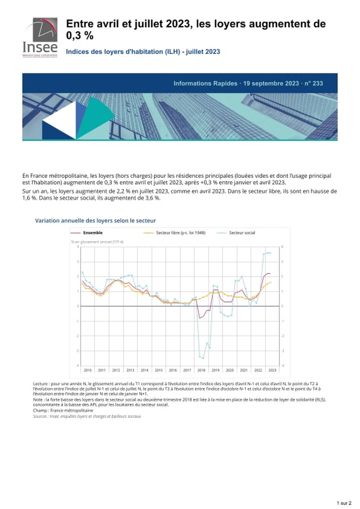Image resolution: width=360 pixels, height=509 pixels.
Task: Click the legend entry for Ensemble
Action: pos(92,233)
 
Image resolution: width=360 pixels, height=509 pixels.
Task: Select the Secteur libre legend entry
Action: pos(180,233)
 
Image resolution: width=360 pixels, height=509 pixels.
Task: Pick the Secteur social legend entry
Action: pos(242,233)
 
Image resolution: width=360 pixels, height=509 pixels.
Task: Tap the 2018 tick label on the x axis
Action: pos(201,370)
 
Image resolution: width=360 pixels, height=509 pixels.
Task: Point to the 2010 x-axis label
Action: pos(88,370)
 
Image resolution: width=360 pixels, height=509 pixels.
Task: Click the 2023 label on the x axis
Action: pos(272,370)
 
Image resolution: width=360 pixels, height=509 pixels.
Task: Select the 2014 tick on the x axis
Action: pos(144,370)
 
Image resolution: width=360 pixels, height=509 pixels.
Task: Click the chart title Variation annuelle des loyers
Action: pos(95,221)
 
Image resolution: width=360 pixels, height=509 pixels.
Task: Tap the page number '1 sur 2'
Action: pos(344,503)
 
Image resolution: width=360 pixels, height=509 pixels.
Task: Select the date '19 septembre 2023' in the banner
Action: pos(271,83)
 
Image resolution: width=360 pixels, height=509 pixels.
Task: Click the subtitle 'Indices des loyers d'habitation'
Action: pos(143,52)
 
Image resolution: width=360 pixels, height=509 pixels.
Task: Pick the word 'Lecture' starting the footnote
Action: pos(40,384)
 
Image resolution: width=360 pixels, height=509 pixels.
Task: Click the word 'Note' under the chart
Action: pos(38,400)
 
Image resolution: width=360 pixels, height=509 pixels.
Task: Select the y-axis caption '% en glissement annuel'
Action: pos(97,242)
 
